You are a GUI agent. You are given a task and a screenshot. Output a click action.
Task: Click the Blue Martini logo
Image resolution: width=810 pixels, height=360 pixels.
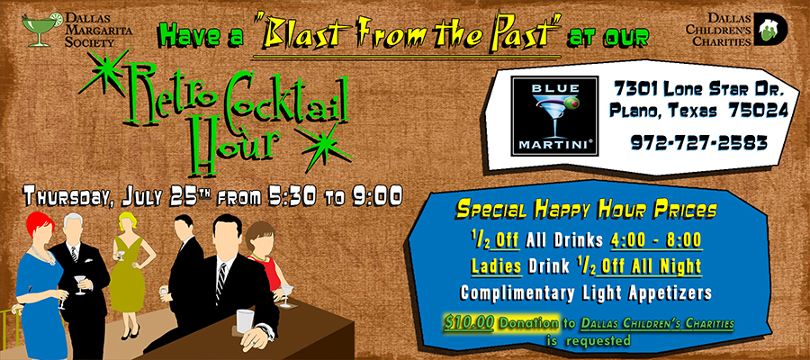tap(554, 116)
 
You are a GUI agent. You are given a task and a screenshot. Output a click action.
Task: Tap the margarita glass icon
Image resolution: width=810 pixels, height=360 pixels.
tap(41, 29)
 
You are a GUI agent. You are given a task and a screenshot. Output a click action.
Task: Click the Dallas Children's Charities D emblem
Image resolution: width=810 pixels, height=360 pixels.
tap(769, 29)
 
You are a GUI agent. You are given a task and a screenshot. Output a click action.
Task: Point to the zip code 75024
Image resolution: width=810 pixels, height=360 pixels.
tap(759, 110)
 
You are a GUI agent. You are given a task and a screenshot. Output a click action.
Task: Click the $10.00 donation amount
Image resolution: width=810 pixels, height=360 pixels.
tap(469, 323)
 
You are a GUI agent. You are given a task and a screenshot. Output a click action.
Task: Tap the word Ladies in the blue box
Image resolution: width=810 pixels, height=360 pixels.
tap(496, 266)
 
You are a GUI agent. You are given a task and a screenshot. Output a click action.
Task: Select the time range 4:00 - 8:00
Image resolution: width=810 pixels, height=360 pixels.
tap(655, 240)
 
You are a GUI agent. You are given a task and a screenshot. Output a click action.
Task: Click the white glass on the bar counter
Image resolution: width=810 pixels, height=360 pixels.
tap(245, 320)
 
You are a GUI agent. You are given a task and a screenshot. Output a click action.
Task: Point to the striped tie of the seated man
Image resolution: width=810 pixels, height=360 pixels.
tap(221, 283)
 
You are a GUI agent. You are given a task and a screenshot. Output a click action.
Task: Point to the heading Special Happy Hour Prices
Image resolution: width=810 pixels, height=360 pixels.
tap(586, 211)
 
